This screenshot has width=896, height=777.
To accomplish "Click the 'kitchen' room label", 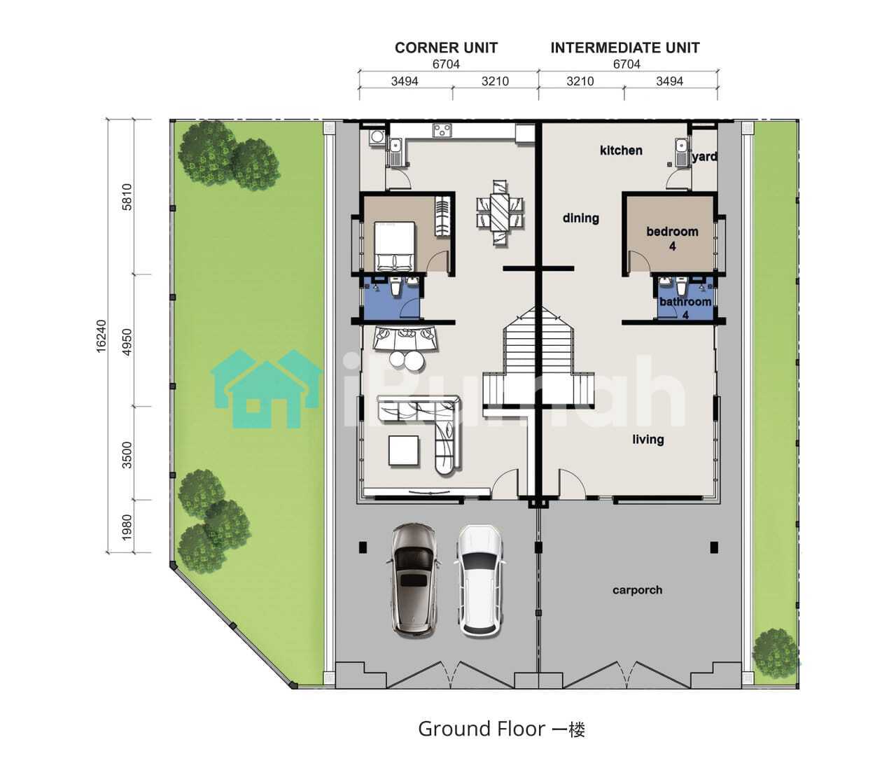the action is pos(621,150).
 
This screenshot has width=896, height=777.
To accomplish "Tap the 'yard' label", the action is pos(704,157).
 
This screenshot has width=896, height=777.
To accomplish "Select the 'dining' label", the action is pos(580,218).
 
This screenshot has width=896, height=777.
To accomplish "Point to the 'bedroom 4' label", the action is pos(672,239).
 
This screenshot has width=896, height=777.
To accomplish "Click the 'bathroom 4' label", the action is pos(685,308).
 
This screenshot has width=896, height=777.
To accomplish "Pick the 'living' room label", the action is pos(648,440).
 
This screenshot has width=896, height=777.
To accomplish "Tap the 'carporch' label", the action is pos(637,590).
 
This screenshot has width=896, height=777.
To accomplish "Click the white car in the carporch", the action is pos(480,581).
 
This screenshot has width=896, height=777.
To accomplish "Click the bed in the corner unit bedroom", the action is pos(395,246).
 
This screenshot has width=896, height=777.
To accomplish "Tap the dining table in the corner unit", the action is pos(499,213).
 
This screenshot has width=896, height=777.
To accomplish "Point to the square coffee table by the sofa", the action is pos(404,451).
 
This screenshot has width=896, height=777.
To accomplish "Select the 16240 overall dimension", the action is pos(101,336).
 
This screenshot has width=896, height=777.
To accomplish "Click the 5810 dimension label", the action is pos(127,197).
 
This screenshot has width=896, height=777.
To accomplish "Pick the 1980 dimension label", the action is pos(127,527).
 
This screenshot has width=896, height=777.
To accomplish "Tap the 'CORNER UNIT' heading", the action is pos(446,48).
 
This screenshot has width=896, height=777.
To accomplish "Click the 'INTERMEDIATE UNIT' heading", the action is pos(625,48).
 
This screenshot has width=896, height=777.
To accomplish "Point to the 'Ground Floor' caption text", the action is pos(482,729).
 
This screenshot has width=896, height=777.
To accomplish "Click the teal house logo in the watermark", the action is pos(266,389).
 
